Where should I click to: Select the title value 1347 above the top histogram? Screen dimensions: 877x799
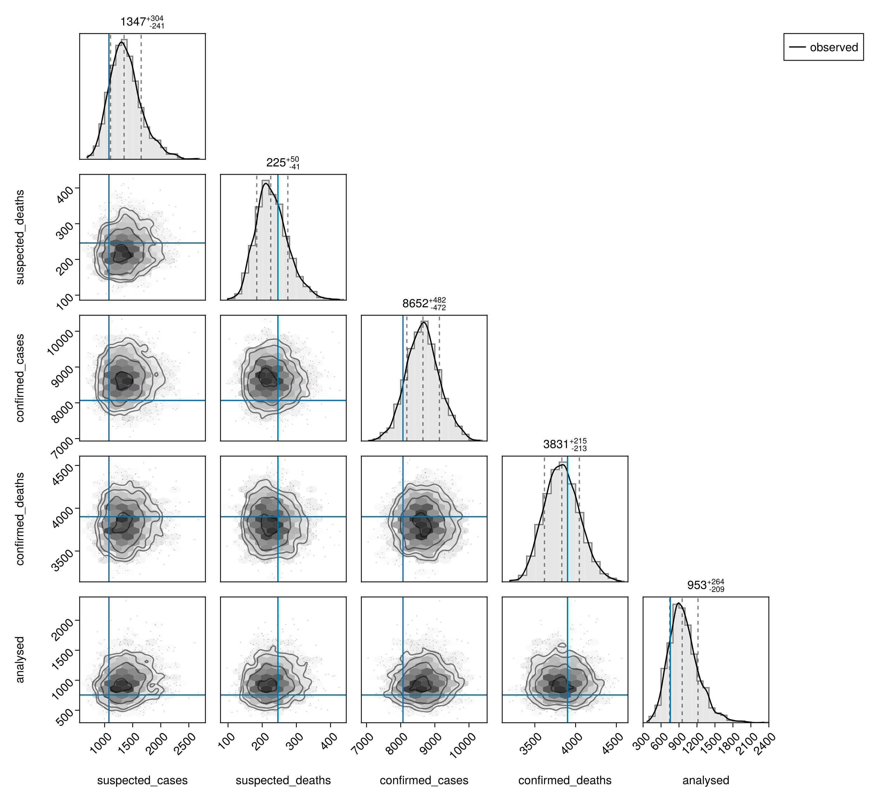[x=133, y=22]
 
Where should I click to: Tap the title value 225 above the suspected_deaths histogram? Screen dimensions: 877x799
[x=276, y=163]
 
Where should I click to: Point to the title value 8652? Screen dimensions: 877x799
[x=415, y=304]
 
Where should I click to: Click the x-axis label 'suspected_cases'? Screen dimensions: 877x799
[x=142, y=781]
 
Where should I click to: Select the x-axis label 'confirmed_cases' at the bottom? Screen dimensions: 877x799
[x=424, y=781]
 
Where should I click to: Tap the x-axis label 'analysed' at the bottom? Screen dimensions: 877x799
[x=706, y=781]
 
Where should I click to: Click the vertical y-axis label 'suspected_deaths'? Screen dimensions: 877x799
[x=20, y=237]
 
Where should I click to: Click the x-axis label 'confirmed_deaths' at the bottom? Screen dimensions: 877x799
[x=565, y=781]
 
